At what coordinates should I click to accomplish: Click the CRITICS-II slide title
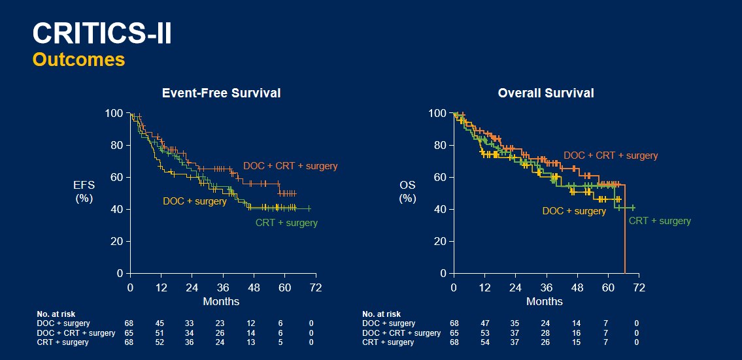click(102, 34)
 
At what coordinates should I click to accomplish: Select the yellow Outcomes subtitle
click(78, 59)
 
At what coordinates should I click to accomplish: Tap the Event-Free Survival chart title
click(221, 93)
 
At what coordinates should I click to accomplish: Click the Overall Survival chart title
click(546, 93)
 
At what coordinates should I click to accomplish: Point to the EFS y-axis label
click(84, 191)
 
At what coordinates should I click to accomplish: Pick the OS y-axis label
click(407, 191)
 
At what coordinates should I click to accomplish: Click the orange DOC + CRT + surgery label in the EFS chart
click(290, 166)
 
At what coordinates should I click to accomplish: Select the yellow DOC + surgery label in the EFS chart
click(195, 201)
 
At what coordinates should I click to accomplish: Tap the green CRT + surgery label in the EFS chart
click(286, 223)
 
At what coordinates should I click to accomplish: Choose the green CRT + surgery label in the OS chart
click(660, 221)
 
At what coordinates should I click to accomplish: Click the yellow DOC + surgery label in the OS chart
click(574, 211)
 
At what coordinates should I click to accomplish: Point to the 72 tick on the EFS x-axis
click(316, 287)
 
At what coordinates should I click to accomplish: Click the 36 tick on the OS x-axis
click(547, 287)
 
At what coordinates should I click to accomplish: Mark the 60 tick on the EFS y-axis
click(116, 177)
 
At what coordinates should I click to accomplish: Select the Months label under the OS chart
click(545, 301)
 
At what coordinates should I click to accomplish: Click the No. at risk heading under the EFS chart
click(56, 314)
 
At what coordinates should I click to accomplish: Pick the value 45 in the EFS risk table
click(159, 323)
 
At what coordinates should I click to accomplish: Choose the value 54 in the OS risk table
click(484, 342)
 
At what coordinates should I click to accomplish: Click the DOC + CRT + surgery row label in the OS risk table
click(401, 333)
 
